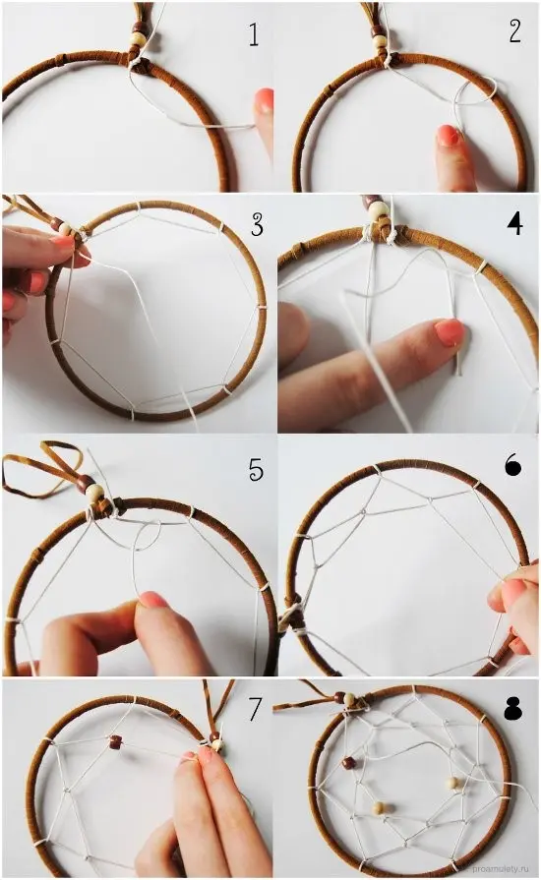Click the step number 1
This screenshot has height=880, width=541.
[x=254, y=34]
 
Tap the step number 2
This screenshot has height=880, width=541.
[x=514, y=31]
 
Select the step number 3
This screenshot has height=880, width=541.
[x=257, y=224]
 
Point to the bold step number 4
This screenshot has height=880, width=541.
[x=514, y=223]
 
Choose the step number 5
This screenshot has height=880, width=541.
[x=256, y=469]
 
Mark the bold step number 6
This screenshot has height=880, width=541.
[x=512, y=465]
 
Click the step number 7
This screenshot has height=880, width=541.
[x=255, y=710]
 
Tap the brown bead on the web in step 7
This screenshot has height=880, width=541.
[x=116, y=742]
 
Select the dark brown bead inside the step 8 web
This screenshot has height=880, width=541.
[x=349, y=763]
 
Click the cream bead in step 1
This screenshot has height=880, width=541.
[x=137, y=38]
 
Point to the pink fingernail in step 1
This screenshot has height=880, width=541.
[x=263, y=100]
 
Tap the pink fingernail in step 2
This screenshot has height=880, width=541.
[x=448, y=137]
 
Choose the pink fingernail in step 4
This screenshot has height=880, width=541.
[x=451, y=331]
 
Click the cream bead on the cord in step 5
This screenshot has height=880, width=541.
[x=93, y=493]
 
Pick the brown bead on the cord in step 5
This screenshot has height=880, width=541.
[x=85, y=483]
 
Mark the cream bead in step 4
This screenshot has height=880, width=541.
[x=378, y=211]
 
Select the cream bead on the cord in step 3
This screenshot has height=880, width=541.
[x=66, y=229]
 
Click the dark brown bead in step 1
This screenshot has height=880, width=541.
[x=137, y=29]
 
